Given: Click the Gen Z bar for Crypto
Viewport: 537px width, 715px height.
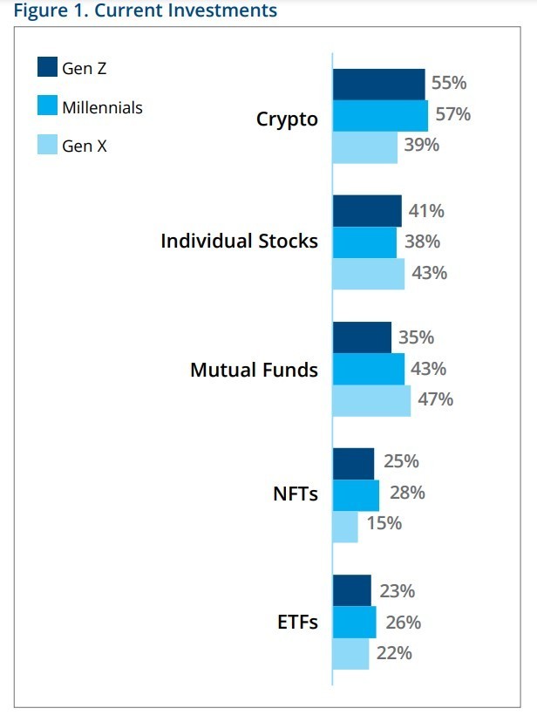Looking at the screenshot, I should click(378, 85).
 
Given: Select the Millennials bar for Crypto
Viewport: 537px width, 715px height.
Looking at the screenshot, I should click(380, 116).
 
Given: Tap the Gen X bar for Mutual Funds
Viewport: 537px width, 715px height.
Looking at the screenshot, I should click(371, 400).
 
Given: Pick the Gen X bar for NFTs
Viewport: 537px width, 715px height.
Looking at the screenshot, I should click(345, 527).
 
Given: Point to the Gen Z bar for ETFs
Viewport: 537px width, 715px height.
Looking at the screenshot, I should click(352, 590).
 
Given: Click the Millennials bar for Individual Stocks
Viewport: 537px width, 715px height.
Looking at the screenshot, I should click(364, 242).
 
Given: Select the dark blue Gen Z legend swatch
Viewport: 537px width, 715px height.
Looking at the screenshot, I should click(47, 68).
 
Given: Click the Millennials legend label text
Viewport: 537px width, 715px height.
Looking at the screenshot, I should click(102, 107).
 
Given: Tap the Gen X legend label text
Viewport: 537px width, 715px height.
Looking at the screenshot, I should click(85, 146).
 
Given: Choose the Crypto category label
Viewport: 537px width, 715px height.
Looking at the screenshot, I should click(287, 119).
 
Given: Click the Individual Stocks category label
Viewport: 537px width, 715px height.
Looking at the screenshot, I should click(239, 241).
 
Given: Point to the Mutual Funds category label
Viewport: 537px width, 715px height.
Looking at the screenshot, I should click(254, 370).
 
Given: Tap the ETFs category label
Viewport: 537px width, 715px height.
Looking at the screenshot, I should click(296, 623).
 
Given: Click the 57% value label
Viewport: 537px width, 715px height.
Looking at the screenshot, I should click(452, 114).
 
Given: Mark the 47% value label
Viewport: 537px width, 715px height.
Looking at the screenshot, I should click(435, 399).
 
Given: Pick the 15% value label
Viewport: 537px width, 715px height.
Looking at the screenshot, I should click(384, 523).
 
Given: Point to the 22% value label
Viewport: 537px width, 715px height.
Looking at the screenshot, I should click(394, 652).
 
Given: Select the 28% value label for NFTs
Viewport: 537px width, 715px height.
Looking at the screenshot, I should click(407, 493).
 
